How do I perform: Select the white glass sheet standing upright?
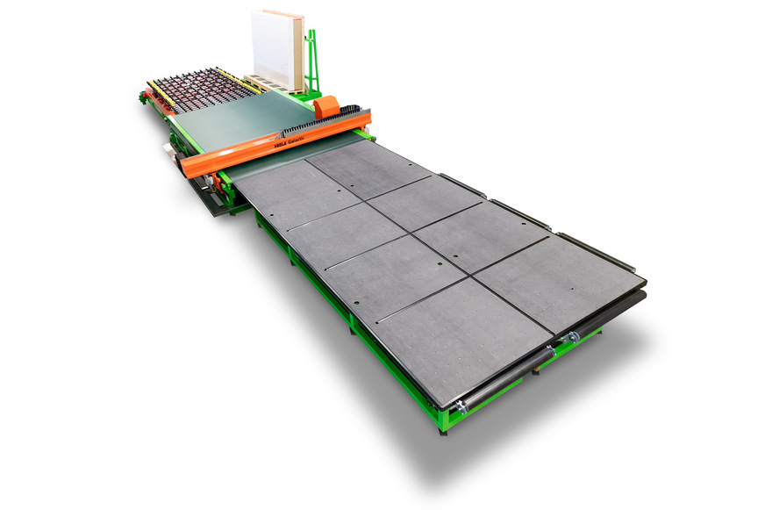click(275, 49)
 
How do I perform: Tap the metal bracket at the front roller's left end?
click(458, 405)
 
